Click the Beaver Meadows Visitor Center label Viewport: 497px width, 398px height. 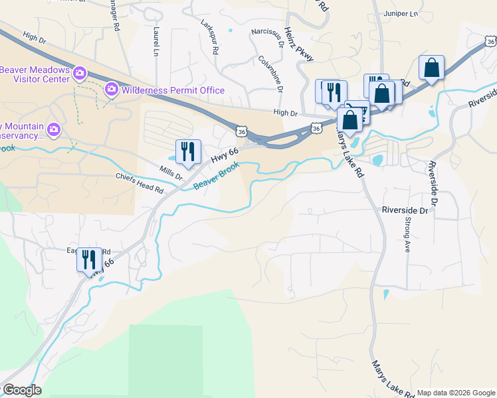tap(35, 74)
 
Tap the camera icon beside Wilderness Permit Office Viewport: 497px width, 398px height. tap(112, 89)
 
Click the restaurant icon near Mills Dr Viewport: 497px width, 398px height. tap(187, 152)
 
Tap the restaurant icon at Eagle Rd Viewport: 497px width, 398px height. tap(89, 259)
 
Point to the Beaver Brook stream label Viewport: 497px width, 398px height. tap(215, 175)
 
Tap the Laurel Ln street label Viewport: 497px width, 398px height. tap(155, 40)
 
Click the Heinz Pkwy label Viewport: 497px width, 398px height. tap(297, 45)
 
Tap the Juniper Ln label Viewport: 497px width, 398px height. tap(401, 13)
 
